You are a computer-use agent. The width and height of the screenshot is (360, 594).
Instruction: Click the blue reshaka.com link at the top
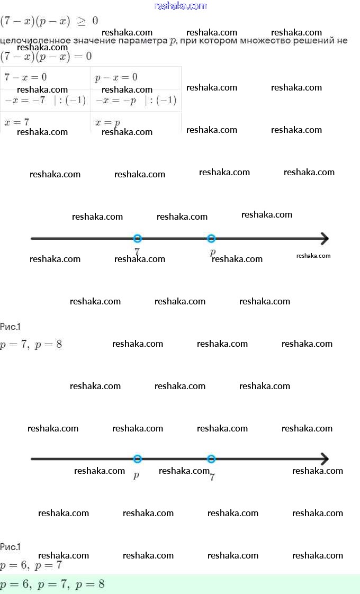point(181,6)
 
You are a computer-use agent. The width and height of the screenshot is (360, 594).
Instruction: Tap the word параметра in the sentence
point(143,40)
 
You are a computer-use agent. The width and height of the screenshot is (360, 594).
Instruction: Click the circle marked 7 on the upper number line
point(138,238)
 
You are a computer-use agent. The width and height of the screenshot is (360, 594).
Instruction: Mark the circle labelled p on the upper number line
point(211,238)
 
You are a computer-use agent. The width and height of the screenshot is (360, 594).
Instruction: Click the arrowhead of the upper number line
point(324,238)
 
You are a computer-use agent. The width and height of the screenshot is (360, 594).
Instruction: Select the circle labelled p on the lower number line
point(138,459)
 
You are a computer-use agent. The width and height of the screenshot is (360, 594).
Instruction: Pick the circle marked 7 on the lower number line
point(211,459)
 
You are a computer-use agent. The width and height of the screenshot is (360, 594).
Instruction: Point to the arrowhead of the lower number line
point(324,459)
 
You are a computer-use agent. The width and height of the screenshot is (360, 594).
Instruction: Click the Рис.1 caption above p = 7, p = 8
point(10,327)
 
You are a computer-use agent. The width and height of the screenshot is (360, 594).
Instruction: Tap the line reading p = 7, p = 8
point(31,345)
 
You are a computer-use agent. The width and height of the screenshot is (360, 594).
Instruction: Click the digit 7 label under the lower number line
point(212,477)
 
